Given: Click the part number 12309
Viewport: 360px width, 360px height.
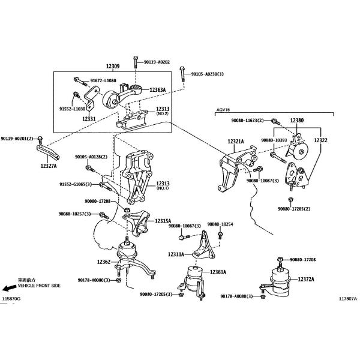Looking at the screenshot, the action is [113, 66].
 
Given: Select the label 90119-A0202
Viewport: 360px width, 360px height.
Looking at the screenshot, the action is [157, 62].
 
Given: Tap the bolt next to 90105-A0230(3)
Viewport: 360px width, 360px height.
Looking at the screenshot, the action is [182, 74].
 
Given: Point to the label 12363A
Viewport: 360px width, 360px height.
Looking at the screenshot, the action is [157, 90].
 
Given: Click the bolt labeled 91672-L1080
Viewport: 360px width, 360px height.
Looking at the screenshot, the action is [80, 82].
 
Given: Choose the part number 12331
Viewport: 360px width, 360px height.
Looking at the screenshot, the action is [89, 119].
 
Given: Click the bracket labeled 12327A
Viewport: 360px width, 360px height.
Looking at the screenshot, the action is [48, 152].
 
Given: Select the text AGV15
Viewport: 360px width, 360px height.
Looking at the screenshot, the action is [223, 110].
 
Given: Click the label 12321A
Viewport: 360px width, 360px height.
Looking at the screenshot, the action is [236, 142].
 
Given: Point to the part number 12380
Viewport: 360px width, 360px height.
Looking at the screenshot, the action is [296, 121].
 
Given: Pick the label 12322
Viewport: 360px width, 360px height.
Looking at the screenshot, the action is [320, 140].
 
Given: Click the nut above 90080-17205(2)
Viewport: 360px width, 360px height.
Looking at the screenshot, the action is [291, 200].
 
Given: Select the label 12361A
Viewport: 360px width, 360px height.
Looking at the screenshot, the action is [218, 272].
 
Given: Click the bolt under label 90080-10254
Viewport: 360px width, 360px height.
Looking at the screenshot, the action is [220, 235].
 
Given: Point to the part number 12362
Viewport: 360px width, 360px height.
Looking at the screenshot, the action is [104, 262].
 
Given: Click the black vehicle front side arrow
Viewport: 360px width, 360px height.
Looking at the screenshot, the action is [9, 288].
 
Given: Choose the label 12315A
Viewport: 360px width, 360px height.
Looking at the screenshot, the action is [163, 221].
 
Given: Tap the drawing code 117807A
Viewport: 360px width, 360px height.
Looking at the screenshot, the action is [348, 299].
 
